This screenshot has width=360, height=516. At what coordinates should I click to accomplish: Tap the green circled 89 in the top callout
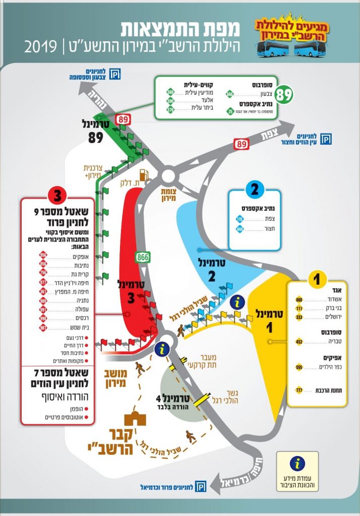tap(284, 94)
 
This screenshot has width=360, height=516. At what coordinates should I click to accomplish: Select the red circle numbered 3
tap(56, 195)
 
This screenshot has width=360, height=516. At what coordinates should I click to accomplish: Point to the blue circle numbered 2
tap(255, 190)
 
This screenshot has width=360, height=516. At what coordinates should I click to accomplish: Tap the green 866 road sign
tap(143, 257)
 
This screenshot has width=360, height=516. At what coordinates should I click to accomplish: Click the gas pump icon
tap(144, 175)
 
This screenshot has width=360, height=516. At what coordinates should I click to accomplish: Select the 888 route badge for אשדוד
tap(299, 299)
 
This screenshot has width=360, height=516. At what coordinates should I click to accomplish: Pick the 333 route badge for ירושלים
tap(299, 317)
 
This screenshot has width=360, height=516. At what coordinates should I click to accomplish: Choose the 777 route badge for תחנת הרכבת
tap(299, 391)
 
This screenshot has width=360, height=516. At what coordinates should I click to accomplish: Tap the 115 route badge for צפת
tap(239, 219)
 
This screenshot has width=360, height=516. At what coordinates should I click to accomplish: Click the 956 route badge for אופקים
tap(43, 254)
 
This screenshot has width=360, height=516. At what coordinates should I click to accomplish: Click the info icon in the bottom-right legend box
tap(297, 464)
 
